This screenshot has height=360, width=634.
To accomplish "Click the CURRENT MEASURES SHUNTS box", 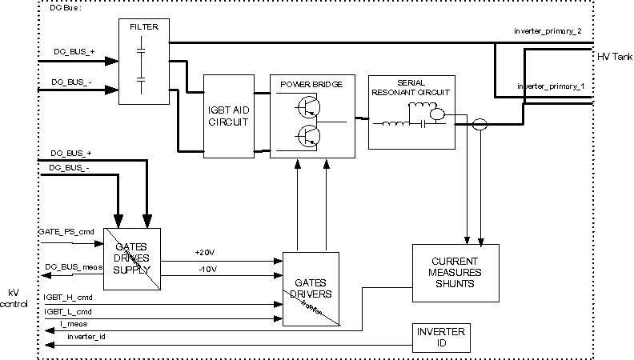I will pos(455,272).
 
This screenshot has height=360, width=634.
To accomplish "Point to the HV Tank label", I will pos(614,58).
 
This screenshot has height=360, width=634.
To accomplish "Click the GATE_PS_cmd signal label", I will pos(66,232).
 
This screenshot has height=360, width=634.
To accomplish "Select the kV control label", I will pos(14,298).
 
